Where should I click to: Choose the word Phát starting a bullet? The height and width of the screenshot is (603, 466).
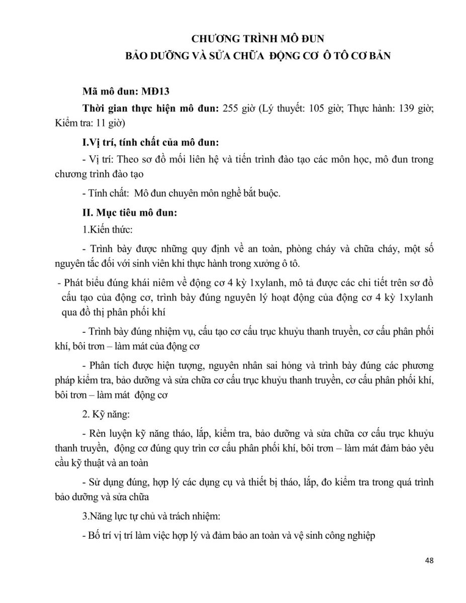tap(73, 285)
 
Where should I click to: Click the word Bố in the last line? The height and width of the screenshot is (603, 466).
tap(94, 536)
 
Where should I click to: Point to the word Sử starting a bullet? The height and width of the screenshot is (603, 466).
tap(95, 482)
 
